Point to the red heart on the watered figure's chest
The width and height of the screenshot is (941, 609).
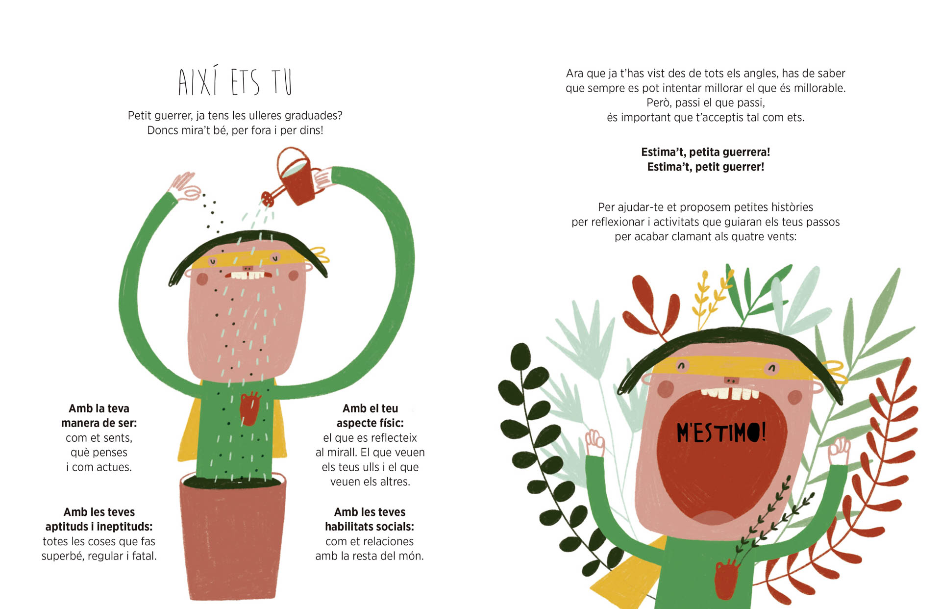pos(249,407)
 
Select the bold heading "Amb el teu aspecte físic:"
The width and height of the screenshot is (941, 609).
pos(370,416)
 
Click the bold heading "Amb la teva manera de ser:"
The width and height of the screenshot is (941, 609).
pos(99,416)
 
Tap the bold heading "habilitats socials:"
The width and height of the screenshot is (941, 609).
pos(370,527)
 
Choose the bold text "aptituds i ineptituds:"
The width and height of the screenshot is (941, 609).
pos(99,527)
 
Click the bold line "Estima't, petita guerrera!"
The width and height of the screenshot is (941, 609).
pos(706,152)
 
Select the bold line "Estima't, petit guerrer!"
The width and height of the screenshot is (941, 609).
pos(706,167)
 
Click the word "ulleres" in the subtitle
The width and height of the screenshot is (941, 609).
pos(265,115)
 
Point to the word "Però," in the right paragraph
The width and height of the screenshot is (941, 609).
pos(659,103)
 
